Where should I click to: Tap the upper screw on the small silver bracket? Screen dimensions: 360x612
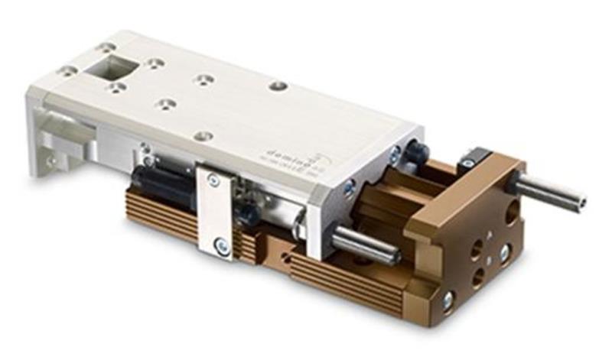coord(213,180)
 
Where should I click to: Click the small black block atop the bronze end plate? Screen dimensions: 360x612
coord(474,159)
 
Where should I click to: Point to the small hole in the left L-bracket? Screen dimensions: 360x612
coord(52,161)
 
